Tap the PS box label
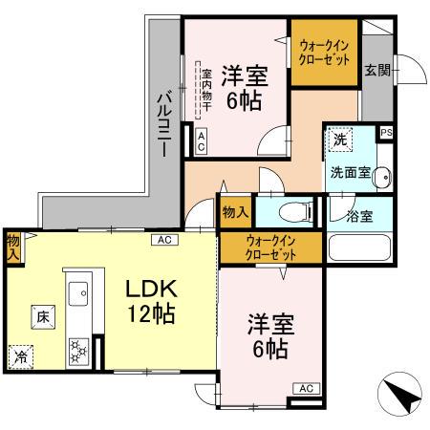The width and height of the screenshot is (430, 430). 386,134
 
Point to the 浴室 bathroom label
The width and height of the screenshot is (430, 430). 359,215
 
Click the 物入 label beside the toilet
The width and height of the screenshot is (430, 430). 235,212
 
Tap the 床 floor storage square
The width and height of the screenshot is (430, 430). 42,315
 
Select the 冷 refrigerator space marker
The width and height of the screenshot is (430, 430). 21,357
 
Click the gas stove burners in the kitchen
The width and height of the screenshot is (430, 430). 76,351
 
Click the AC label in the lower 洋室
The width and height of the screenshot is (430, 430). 305,388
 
